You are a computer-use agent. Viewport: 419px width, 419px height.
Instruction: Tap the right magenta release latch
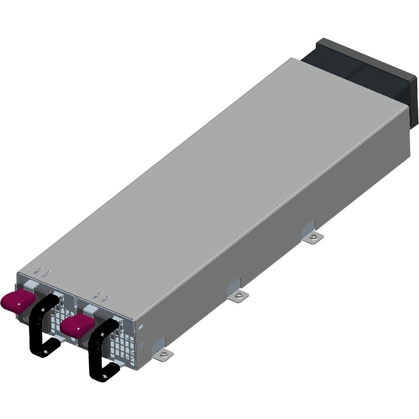pyautogui.click(x=77, y=324)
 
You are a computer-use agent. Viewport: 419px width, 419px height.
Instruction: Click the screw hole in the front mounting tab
pyautogui.click(x=164, y=356)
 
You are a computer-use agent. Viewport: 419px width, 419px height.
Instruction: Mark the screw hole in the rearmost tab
pyautogui.click(x=315, y=237)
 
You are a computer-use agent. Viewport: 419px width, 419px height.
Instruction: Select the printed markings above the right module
pyautogui.click(x=101, y=296)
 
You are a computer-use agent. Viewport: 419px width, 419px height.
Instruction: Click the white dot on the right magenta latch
pyautogui.click(x=76, y=328)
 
